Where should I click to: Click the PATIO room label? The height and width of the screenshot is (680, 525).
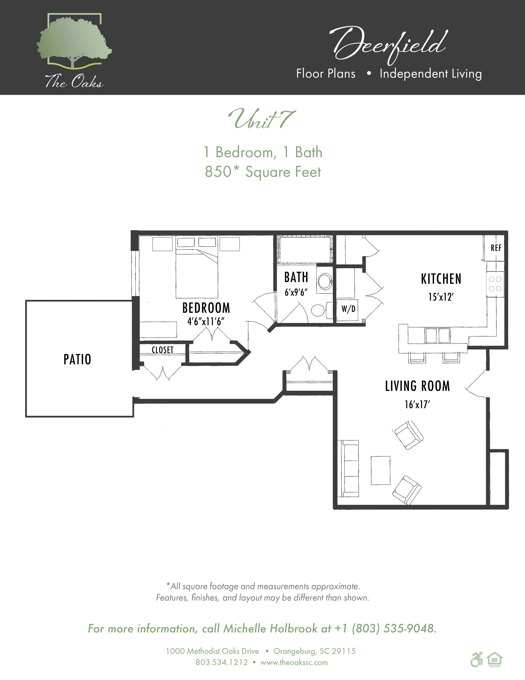click(x=77, y=359)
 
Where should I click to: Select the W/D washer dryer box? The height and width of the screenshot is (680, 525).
click(x=348, y=309)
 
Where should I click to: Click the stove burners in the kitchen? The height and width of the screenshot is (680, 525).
click(x=495, y=284)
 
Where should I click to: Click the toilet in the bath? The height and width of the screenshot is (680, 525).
click(x=319, y=310)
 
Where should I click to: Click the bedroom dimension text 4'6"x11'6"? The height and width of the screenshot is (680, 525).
click(x=206, y=321)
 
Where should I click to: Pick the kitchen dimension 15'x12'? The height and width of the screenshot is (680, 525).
click(x=441, y=297)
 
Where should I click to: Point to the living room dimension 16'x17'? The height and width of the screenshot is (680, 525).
click(x=417, y=404)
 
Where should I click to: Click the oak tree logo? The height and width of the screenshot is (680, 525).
click(x=74, y=42)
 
